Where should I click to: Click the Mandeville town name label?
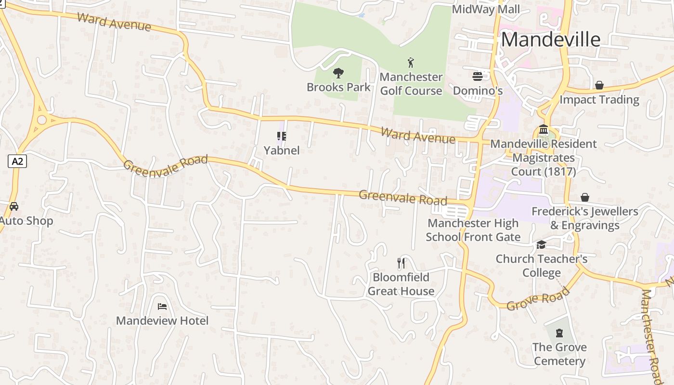tap(551, 39)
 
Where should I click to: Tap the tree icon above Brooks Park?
tap(338, 73)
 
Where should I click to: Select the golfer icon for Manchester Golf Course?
tap(411, 63)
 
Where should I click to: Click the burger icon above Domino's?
tap(478, 76)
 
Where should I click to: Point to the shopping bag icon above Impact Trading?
tap(599, 85)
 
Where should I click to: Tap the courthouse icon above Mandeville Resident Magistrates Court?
tap(544, 129)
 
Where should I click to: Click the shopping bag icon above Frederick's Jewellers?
tap(585, 197)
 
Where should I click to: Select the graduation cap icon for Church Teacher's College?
tap(542, 245)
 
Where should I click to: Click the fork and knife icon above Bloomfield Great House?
tap(401, 263)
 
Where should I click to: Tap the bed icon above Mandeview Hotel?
tap(162, 306)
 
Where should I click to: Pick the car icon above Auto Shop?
tap(14, 206)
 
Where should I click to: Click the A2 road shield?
tap(17, 161)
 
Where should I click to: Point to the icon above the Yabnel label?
tap(282, 136)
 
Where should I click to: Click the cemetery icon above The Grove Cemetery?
tap(559, 333)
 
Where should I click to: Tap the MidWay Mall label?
tap(486, 9)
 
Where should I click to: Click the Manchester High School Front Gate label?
tap(473, 230)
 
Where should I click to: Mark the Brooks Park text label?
tap(339, 87)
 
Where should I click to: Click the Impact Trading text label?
tap(599, 100)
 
